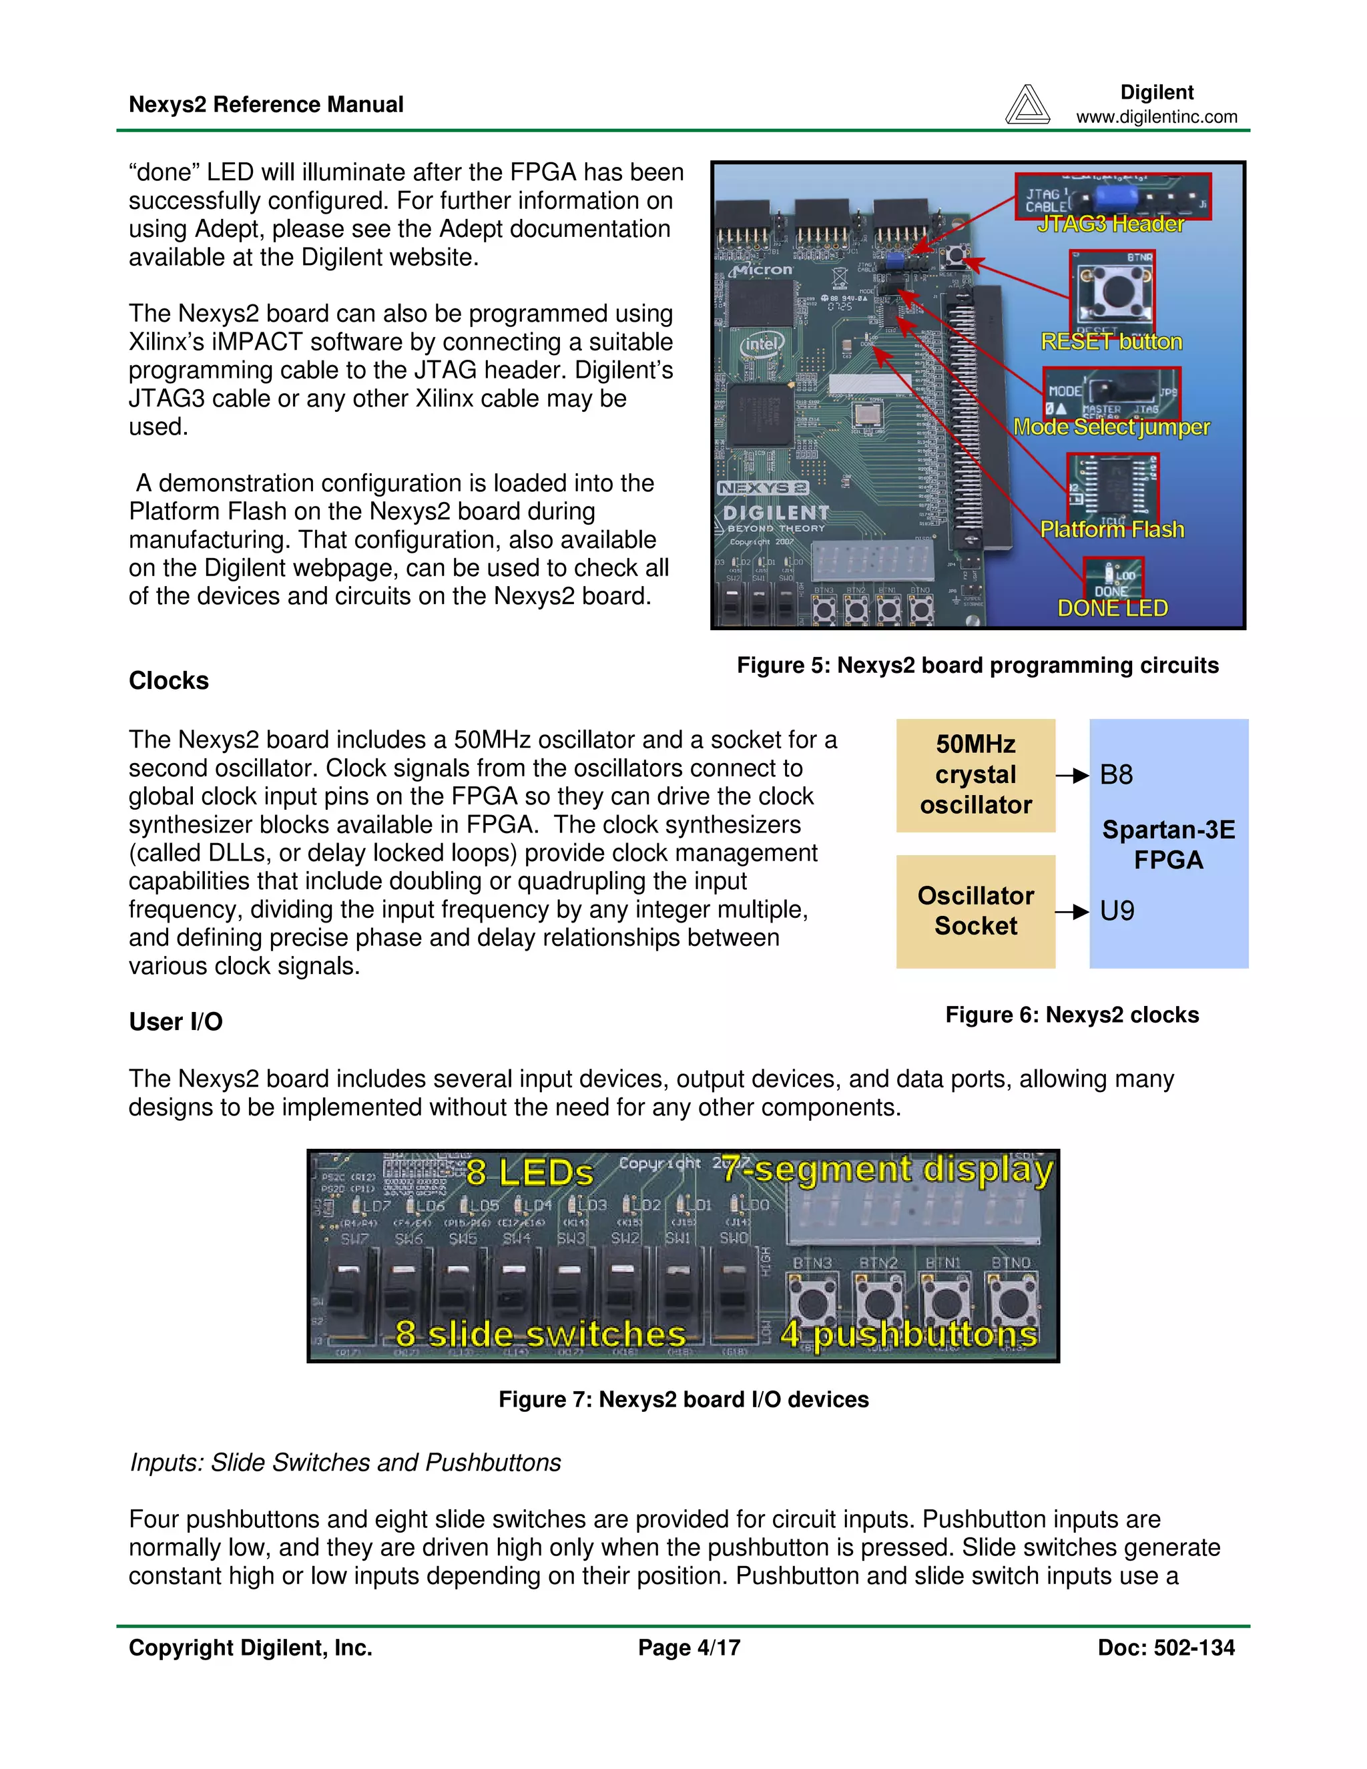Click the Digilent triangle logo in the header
(1027, 105)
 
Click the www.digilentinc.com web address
(1157, 117)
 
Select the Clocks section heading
(168, 680)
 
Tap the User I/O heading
(176, 1021)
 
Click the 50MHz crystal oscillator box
(975, 775)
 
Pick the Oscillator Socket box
(975, 911)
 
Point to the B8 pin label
(1116, 775)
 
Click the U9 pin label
(1117, 911)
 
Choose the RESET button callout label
(1111, 342)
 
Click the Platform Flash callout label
(1112, 530)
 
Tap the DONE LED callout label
(1113, 608)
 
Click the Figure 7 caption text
(683, 1400)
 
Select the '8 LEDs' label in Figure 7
(529, 1172)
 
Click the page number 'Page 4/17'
(688, 1648)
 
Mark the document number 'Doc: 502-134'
(1165, 1648)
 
